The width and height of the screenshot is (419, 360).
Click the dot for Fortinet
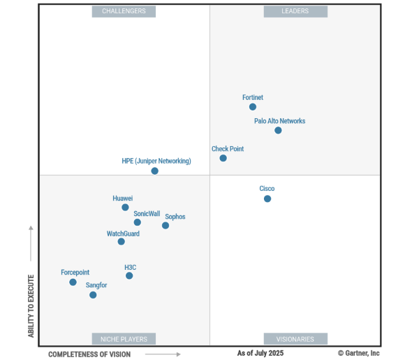[x=253, y=107]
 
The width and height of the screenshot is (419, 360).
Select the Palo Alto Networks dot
[x=278, y=130]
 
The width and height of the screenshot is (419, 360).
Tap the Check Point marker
[x=223, y=158]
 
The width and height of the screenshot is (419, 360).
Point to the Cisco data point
[x=267, y=199]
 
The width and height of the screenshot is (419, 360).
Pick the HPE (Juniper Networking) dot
[x=155, y=171]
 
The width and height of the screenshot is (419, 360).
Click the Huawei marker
[x=125, y=208]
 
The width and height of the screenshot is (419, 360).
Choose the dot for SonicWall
[x=137, y=222]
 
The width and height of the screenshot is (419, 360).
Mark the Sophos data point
[x=166, y=225]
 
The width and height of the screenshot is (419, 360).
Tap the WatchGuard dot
[x=122, y=242]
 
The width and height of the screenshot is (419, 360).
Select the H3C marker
[x=129, y=276]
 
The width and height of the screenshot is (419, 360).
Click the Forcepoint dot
[x=73, y=282]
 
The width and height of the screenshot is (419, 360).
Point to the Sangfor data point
[x=93, y=295]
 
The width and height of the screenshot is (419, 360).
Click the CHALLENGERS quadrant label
[x=124, y=11]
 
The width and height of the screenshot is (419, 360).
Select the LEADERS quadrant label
[x=295, y=11]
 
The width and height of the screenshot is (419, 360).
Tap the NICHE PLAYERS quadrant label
[x=124, y=339]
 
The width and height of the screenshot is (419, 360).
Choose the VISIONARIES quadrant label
[x=295, y=339]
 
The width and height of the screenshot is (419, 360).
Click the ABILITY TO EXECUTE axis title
[x=31, y=305]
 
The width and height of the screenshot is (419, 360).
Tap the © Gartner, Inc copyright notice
[x=359, y=354]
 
